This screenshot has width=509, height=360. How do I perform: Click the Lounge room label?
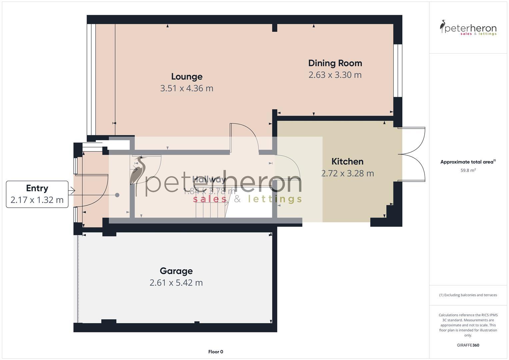tap(187, 77)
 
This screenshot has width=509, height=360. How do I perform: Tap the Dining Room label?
tap(335, 63)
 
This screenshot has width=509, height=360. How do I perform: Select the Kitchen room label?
tap(347, 162)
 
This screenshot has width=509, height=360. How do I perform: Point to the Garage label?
tap(176, 271)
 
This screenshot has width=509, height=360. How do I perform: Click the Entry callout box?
tap(37, 194)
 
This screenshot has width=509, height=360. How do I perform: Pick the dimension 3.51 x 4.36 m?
tap(187, 88)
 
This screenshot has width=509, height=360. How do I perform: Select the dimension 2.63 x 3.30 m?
tap(335, 75)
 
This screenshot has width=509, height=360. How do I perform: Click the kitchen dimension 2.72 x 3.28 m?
tap(347, 174)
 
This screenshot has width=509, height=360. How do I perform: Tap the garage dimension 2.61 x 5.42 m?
tap(176, 283)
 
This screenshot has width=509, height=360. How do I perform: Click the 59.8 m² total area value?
tap(468, 170)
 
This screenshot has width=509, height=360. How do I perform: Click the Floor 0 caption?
tap(216, 352)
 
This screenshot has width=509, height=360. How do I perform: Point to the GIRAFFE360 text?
tap(468, 345)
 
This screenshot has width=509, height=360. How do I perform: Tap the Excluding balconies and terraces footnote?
tap(468, 295)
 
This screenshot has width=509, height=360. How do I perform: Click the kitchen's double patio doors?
tap(413, 154)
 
